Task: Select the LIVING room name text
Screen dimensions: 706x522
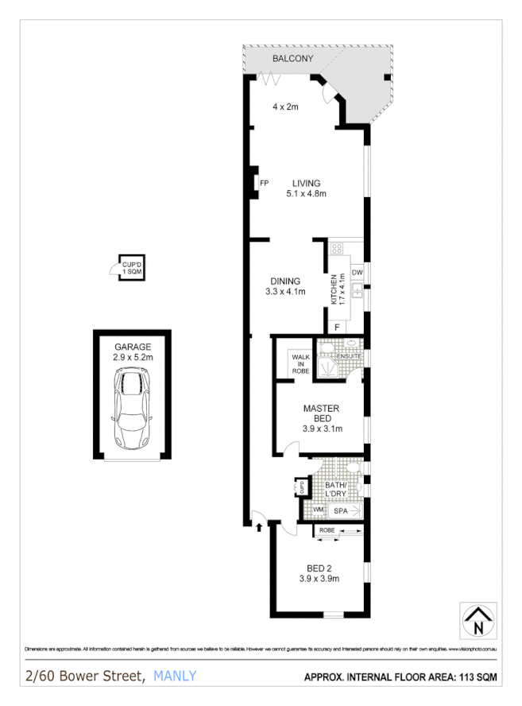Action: tap(306, 183)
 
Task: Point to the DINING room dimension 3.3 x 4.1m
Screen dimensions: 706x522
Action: tap(284, 292)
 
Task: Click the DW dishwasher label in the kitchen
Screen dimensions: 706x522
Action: tap(357, 273)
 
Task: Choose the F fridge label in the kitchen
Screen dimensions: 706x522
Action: tap(337, 327)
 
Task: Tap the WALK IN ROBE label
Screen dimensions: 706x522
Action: tap(300, 363)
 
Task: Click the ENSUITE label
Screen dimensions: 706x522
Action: tap(349, 356)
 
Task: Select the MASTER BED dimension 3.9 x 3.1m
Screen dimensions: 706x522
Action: tap(322, 429)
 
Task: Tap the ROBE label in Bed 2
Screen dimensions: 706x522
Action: tap(327, 529)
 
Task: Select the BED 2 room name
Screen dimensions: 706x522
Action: tap(322, 568)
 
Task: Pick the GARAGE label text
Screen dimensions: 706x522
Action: tap(133, 347)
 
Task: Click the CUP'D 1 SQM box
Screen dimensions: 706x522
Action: tap(132, 268)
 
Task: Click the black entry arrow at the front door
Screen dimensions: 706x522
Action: tap(260, 525)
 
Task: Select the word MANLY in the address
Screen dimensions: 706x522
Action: tap(174, 677)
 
